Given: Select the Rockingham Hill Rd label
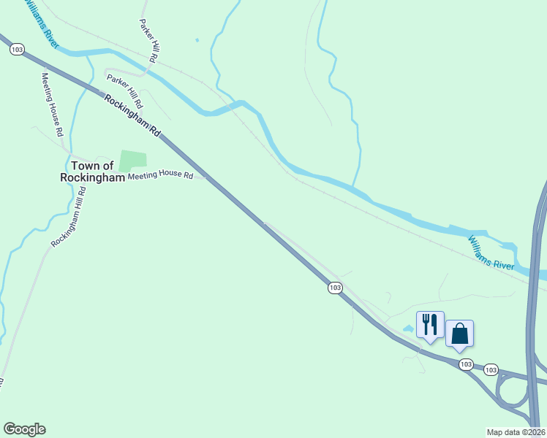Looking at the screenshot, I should point(69,217).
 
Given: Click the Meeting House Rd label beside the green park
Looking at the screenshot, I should point(160,176).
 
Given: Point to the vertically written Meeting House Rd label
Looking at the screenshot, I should point(52,104).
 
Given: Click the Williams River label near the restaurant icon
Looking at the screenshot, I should point(491,252).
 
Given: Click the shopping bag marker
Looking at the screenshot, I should point(459,334).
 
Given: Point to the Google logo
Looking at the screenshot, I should point(24,429).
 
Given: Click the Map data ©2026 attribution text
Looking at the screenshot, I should point(516,431).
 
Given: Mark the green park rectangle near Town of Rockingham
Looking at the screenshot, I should point(132,161).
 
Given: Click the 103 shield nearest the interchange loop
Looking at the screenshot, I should point(491,369).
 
